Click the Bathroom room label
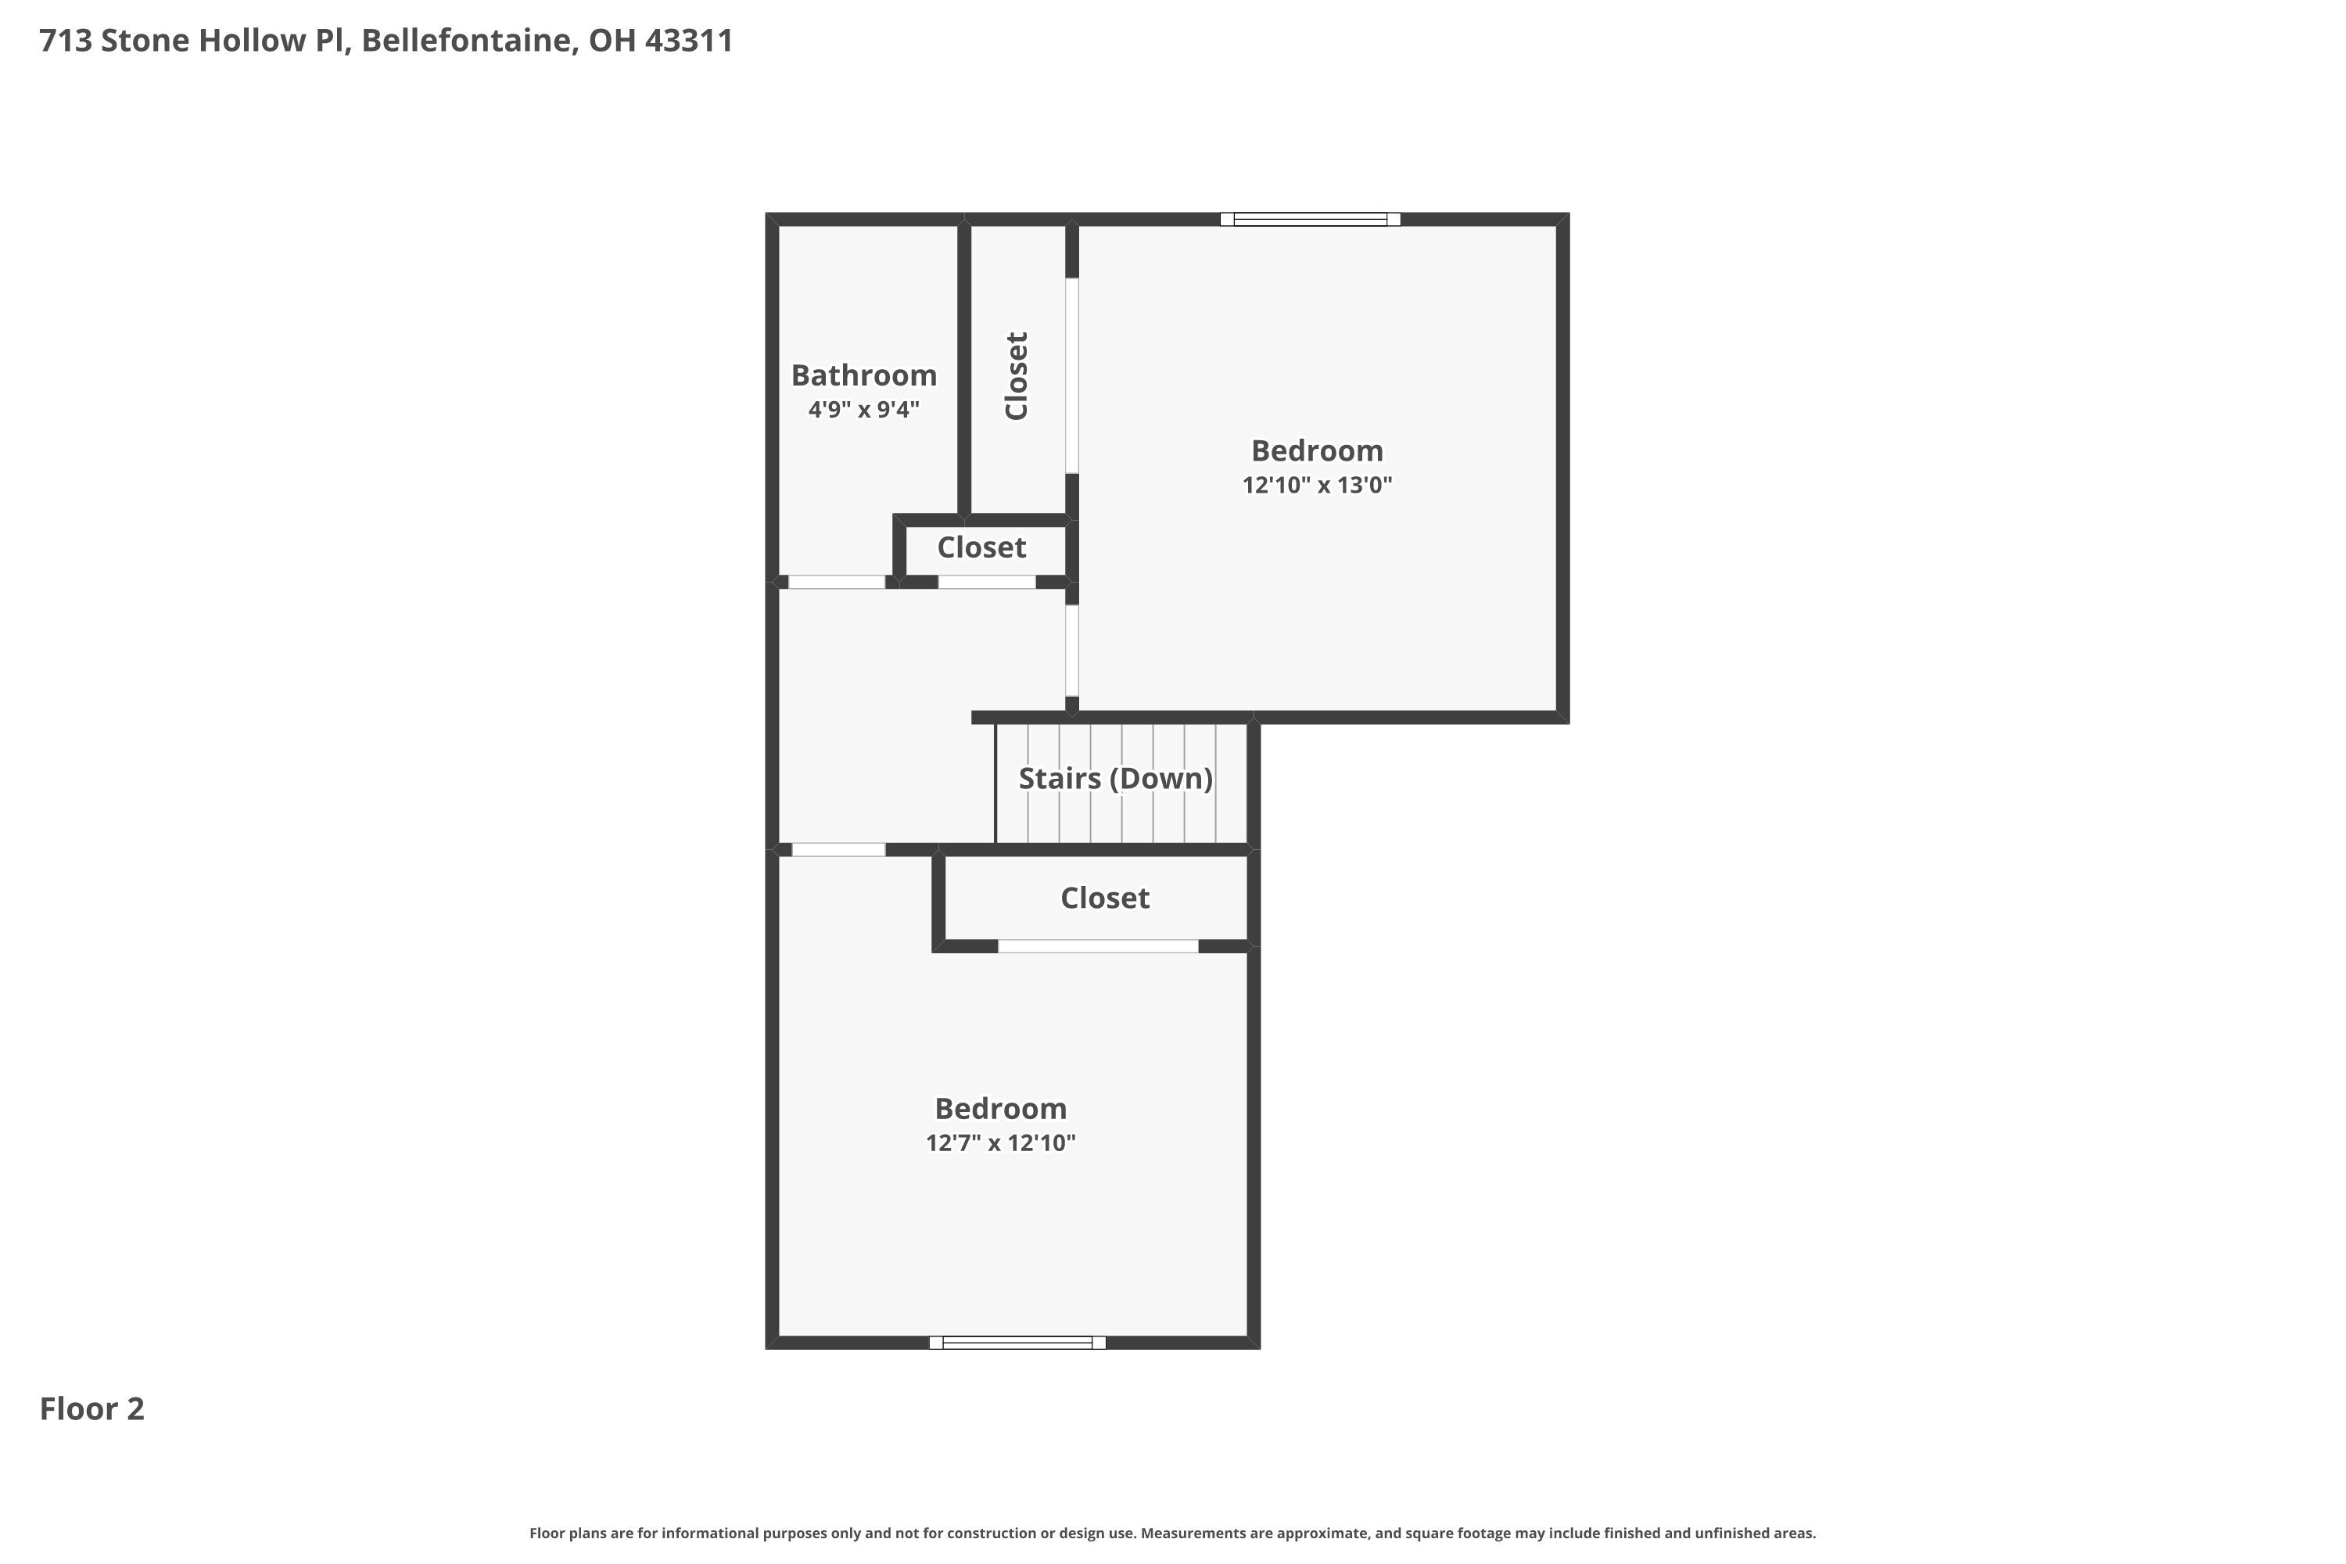coord(864,375)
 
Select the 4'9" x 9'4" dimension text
coord(864,409)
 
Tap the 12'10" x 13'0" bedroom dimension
coord(1317,485)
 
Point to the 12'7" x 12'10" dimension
coord(1000,1143)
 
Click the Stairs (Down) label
coord(1115,778)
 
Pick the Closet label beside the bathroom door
coord(981,547)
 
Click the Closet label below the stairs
coord(1104,898)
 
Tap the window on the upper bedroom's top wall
coord(1310,220)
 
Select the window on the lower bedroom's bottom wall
coord(1017,1343)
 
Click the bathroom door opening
coord(837,583)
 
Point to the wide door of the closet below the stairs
coord(1097,946)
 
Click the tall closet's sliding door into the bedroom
coord(1072,375)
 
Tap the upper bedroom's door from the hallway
coord(1072,651)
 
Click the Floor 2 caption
coord(91,1408)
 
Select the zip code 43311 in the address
coord(689,40)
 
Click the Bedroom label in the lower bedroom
coord(1000,1108)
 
